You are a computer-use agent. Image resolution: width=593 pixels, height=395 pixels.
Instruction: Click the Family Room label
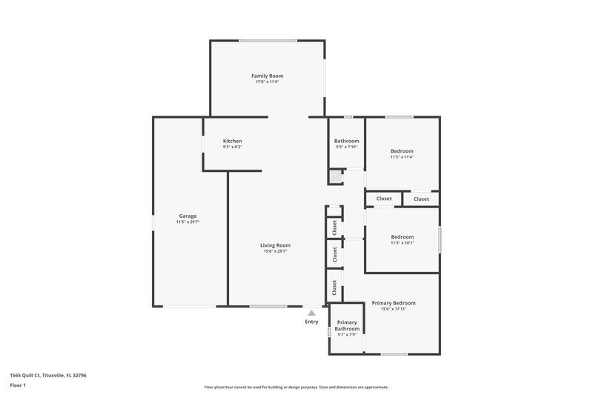267,76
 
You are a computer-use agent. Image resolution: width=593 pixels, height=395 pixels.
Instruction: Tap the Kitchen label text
233,141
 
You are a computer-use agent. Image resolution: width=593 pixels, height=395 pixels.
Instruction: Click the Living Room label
275,245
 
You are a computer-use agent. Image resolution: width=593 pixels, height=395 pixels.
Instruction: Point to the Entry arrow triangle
311,313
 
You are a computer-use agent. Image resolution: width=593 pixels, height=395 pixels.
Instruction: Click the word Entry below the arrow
311,322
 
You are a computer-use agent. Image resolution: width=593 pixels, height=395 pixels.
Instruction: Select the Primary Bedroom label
393,302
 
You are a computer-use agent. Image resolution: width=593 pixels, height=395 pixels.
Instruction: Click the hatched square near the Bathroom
337,177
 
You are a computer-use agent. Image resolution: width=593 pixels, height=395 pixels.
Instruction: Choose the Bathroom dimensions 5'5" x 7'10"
346,147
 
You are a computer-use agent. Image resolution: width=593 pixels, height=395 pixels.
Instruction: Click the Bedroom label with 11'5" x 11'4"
402,150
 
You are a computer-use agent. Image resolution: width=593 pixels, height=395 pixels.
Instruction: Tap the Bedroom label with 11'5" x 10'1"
402,236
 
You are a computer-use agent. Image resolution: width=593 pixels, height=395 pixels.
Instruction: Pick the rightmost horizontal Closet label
421,199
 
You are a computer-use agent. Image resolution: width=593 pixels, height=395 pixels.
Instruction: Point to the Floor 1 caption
19,385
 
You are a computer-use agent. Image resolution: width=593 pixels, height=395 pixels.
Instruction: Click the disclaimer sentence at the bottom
296,387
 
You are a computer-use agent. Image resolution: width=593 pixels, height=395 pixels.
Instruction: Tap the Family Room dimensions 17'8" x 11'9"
267,82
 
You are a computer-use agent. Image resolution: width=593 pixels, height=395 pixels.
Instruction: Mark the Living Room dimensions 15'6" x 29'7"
275,251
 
